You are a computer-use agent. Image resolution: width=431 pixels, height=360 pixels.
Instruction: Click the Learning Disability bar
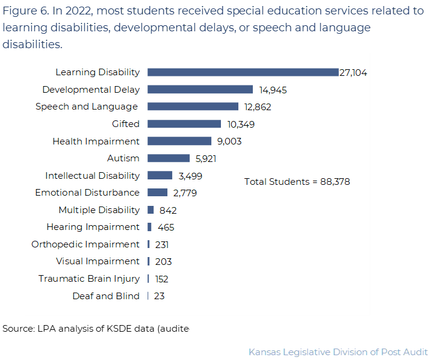[x=243, y=72]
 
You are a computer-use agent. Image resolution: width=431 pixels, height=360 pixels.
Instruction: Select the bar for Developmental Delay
[x=200, y=90]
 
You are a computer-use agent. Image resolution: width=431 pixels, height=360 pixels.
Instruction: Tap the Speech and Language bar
[x=193, y=107]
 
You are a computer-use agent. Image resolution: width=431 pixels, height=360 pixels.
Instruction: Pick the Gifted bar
[x=184, y=124]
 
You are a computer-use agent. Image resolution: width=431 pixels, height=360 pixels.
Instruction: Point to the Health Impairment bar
[x=179, y=141]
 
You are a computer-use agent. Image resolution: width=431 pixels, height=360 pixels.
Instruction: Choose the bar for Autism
[x=169, y=158]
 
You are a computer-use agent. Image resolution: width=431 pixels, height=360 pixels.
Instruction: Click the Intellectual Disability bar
[x=160, y=175]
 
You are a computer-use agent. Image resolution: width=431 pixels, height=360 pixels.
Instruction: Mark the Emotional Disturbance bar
[x=157, y=193]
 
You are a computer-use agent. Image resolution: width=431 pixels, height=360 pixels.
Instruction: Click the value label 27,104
[x=353, y=73]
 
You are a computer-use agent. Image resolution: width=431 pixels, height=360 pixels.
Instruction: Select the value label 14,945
[x=273, y=90]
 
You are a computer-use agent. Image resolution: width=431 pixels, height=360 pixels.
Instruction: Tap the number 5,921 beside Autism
[x=206, y=159]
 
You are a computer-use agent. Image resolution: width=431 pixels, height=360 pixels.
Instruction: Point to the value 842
[x=168, y=211]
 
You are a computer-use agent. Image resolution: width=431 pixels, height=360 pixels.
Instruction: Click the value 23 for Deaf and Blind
[x=159, y=296]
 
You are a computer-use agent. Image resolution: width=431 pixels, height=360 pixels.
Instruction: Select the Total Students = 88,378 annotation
[x=297, y=182]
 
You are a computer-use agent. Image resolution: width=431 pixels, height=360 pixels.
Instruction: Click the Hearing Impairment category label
[x=93, y=227]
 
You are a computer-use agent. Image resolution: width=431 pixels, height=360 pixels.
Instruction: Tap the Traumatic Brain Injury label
[x=88, y=279]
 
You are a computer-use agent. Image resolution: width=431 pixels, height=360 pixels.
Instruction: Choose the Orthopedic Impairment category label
[x=85, y=244]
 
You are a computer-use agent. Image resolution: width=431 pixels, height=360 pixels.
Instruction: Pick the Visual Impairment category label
[x=98, y=261]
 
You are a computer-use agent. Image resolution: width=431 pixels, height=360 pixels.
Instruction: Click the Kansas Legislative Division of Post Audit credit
[x=338, y=352]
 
